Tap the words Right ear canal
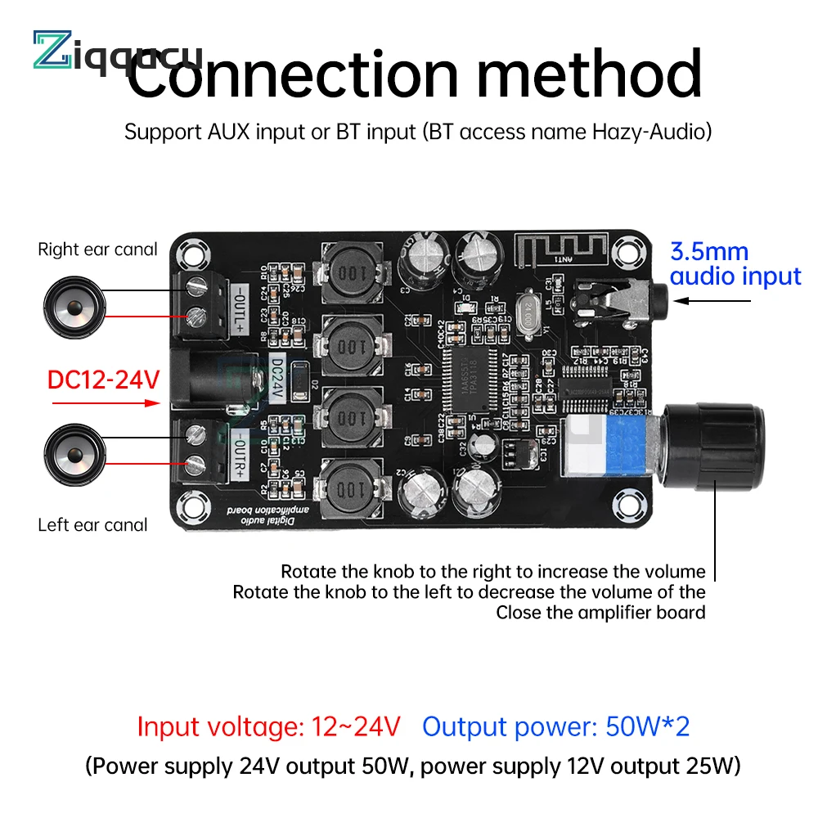pos(97,249)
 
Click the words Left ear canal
pos(92,524)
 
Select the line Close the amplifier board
pos(600,612)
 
